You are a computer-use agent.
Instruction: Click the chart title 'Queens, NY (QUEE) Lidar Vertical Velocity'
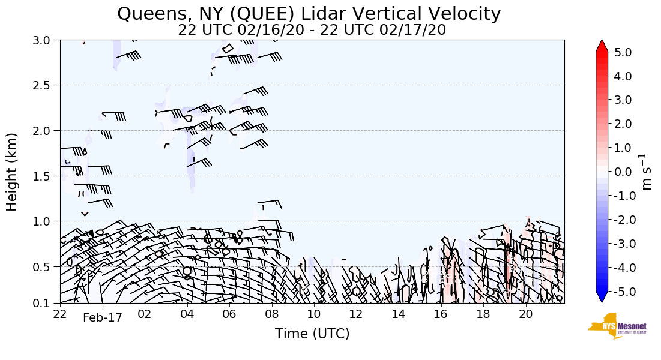(309, 13)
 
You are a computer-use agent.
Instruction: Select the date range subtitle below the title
(312, 30)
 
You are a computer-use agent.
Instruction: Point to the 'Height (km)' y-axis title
(13, 172)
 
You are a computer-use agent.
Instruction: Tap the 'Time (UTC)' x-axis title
(312, 334)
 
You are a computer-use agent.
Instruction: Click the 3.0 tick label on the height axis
(45, 40)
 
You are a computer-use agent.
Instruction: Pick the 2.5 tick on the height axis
(45, 85)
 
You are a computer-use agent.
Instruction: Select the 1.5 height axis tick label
(45, 176)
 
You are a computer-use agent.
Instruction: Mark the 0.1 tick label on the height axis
(45, 303)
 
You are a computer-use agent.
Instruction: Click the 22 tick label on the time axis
(60, 314)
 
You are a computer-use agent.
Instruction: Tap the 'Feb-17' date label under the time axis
(102, 319)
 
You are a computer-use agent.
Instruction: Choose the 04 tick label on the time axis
(187, 314)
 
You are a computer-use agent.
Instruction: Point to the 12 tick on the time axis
(357, 314)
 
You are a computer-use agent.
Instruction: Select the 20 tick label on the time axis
(526, 314)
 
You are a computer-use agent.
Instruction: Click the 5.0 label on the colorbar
(623, 52)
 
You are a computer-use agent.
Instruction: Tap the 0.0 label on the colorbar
(623, 172)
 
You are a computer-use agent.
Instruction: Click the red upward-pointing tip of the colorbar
(602, 46)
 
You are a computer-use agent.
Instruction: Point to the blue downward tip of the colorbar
(602, 298)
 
